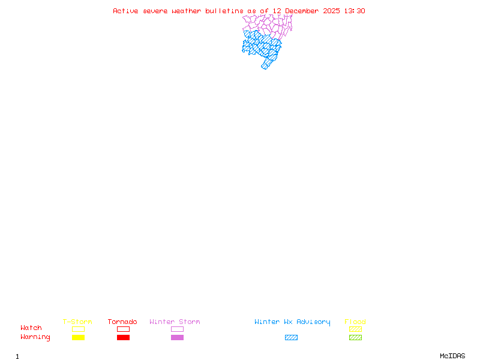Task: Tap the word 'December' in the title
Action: (304, 11)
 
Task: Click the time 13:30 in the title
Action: (356, 11)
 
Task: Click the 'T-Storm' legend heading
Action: (77, 322)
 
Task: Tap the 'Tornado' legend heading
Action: (122, 322)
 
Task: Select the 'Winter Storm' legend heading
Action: (175, 322)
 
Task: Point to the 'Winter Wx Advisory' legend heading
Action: (292, 322)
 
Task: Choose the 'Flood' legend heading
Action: (355, 322)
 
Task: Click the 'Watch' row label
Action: (31, 328)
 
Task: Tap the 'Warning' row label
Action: (35, 337)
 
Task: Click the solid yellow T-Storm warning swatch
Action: (78, 338)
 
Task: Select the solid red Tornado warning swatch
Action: (123, 338)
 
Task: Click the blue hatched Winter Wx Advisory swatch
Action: (291, 338)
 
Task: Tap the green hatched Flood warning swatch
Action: (355, 338)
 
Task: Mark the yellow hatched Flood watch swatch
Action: (355, 329)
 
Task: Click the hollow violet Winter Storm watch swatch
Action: (177, 329)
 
